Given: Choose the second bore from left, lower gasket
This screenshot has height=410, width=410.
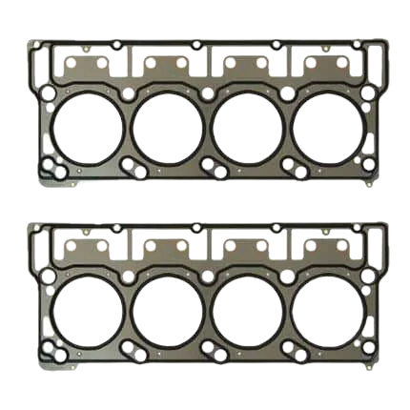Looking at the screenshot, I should [168, 314].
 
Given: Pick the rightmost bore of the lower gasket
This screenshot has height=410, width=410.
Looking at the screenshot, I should [325, 314].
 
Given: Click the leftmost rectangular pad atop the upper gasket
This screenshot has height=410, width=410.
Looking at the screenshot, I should [90, 66].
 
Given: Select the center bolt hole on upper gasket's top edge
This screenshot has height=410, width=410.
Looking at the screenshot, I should [195, 45].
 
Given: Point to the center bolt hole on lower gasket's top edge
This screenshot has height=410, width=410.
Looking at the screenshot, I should [195, 228].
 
